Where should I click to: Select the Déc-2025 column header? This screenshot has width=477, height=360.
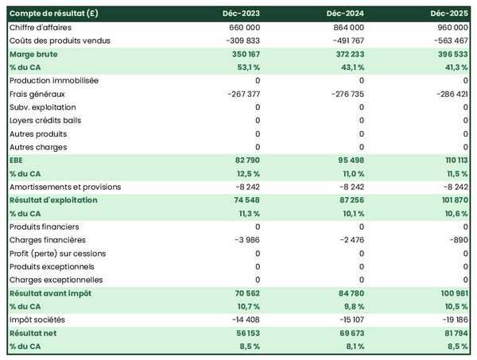pos(448,14)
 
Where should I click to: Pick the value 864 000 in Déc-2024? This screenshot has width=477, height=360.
pos(346,27)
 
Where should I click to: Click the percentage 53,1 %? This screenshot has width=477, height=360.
pos(246,67)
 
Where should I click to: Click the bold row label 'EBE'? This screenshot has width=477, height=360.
pos(17,161)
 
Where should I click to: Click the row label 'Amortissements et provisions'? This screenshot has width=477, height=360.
pos(65,187)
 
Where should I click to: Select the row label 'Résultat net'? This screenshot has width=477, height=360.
pos(33,333)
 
